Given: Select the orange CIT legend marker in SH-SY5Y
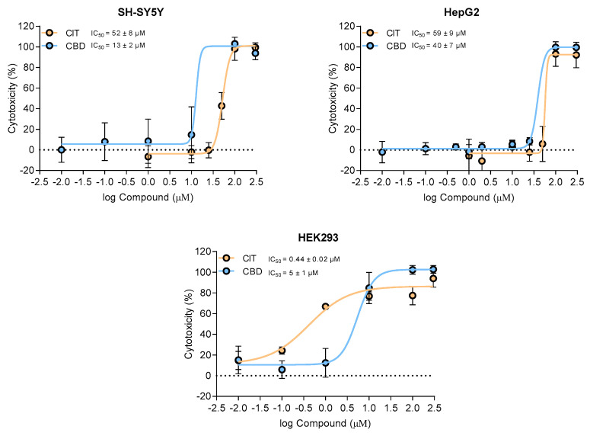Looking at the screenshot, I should (50, 33).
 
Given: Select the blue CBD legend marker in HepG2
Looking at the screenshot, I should (371, 46).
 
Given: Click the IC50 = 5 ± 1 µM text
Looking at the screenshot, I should (295, 272).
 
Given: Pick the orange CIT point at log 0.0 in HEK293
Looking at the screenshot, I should (326, 306).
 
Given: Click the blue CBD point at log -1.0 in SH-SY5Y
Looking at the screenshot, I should (105, 142).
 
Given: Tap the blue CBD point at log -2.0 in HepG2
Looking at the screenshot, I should (382, 152).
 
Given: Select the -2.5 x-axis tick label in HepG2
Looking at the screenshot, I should (360, 184).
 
